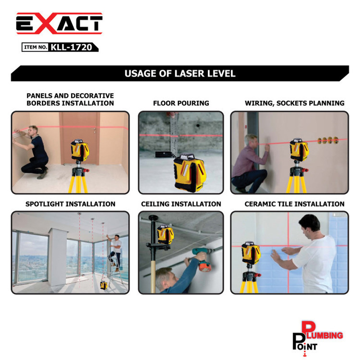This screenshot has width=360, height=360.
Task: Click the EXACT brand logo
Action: [x=59, y=23]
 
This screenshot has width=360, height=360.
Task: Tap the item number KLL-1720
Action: [x=71, y=48]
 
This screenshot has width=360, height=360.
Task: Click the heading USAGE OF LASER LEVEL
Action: [x=180, y=73]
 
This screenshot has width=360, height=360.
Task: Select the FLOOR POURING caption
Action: [x=181, y=103]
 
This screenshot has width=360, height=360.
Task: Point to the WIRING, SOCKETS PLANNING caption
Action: [x=295, y=103]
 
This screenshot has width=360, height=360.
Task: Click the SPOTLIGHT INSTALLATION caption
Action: [x=70, y=204]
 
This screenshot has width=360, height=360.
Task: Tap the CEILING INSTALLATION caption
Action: [x=181, y=204]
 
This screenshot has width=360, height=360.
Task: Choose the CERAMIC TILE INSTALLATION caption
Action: [x=294, y=204]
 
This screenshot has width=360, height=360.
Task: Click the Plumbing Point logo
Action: [x=318, y=338]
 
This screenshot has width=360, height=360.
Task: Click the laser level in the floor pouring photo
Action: [x=190, y=173]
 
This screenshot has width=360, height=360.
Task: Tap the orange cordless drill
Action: [x=202, y=259]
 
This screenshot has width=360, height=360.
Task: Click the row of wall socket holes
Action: [x=328, y=140]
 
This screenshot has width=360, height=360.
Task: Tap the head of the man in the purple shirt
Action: [x=252, y=140]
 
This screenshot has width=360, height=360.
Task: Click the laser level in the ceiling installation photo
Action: [x=165, y=234]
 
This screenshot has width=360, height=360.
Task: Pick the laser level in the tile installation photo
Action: [x=251, y=252]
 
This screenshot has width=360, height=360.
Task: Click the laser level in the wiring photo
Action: [x=299, y=149]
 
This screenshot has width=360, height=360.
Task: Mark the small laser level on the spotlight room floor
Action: [x=104, y=285]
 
